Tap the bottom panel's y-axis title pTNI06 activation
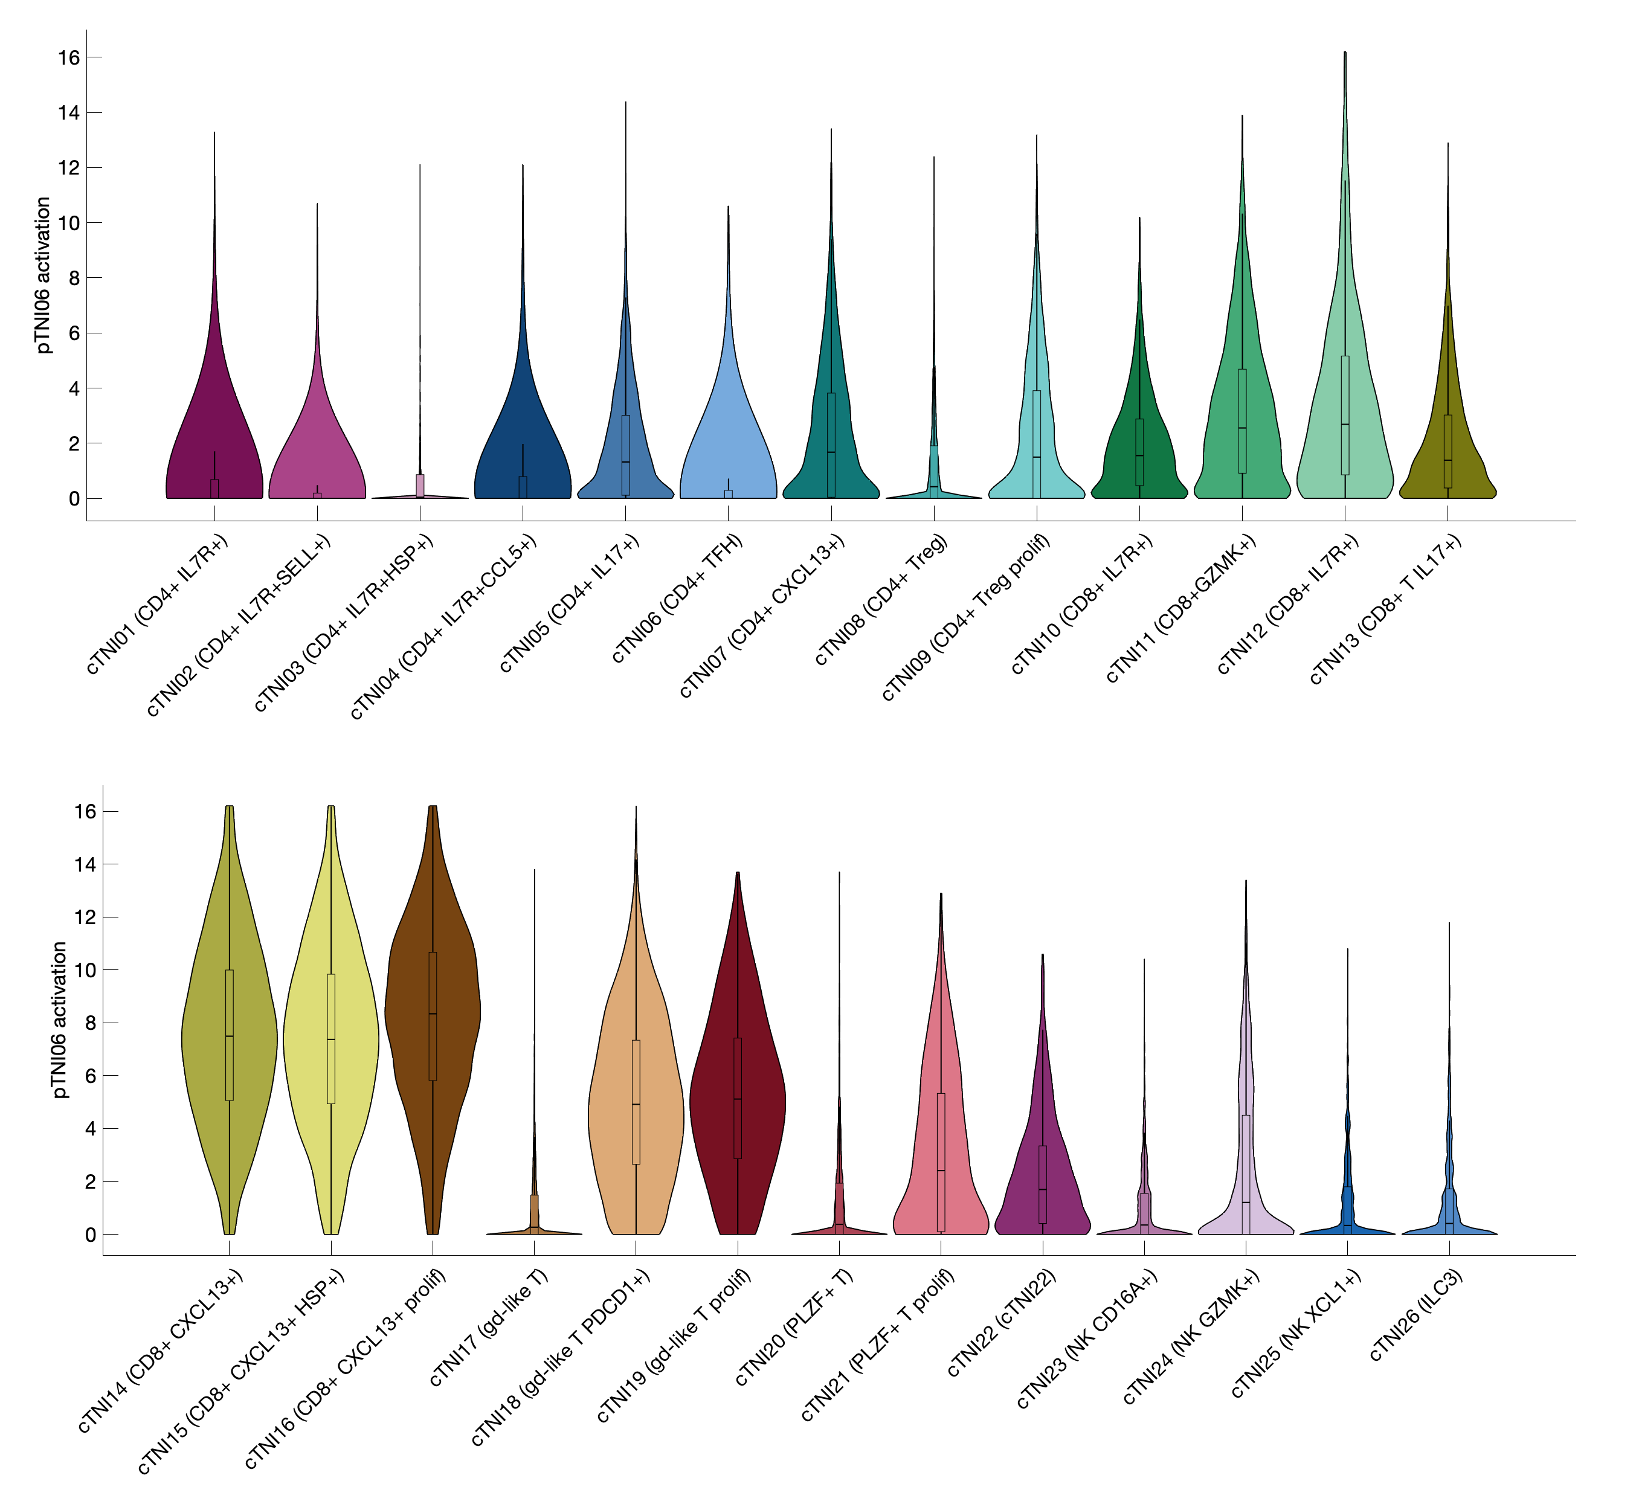pos(60,1019)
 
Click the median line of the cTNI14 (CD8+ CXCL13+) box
pos(230,1036)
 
